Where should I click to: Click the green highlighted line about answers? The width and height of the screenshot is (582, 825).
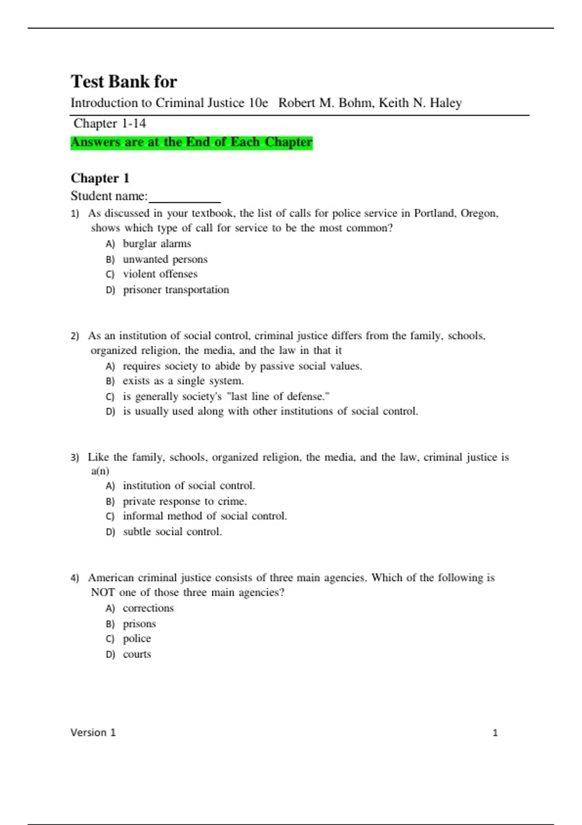[x=192, y=142]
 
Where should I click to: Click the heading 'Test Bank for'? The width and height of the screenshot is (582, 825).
[x=124, y=82]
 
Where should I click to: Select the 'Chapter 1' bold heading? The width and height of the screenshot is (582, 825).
[x=100, y=178]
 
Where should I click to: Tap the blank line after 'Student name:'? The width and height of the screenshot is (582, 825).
[x=185, y=198]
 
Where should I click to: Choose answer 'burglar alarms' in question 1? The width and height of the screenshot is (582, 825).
[x=157, y=244]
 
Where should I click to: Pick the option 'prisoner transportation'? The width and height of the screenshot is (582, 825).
[x=176, y=290]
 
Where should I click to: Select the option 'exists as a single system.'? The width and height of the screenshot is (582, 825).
[x=183, y=381]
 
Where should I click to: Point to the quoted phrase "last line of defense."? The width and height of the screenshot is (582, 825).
[x=278, y=396]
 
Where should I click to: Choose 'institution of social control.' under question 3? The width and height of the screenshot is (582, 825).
[x=189, y=486]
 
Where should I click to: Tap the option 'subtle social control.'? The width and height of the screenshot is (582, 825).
[x=172, y=532]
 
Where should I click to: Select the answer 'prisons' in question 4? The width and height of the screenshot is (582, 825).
[x=139, y=624]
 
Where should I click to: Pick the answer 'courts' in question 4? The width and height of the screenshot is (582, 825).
[x=137, y=655]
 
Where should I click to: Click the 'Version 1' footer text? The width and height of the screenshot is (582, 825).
[x=93, y=733]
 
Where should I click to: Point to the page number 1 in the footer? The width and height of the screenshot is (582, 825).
[x=495, y=733]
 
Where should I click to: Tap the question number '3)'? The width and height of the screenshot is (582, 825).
[x=75, y=457]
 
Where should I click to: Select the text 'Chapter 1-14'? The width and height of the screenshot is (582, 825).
[x=110, y=124]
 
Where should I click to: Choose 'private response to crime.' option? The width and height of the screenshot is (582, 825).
[x=184, y=501]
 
